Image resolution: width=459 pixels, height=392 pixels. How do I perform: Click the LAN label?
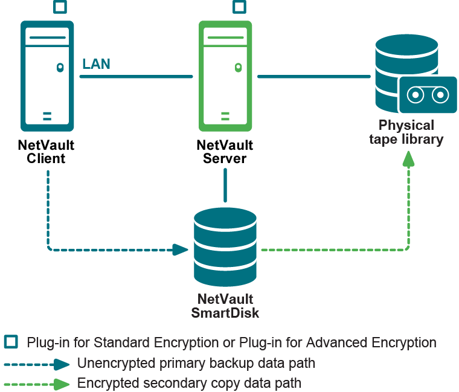pos(96,64)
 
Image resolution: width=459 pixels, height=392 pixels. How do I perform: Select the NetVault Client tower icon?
pos(47,77)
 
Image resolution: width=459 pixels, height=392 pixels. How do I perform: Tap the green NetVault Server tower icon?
pos(225,77)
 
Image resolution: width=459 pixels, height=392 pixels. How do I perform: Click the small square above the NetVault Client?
pos(60,7)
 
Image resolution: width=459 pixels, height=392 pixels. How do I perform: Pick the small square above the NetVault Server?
pos(240,7)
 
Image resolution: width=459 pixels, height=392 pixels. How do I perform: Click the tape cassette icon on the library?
pos(427,95)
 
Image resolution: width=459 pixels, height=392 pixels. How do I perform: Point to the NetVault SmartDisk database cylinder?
pos(225,248)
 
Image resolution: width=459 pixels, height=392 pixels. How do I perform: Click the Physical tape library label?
pos(406,132)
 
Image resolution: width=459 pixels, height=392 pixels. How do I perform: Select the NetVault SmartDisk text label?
pos(225,306)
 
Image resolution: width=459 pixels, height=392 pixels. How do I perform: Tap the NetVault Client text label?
pos(47,152)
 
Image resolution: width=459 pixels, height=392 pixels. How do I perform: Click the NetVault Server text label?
pos(225,152)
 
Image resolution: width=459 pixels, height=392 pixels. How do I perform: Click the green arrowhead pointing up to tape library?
pos(409,159)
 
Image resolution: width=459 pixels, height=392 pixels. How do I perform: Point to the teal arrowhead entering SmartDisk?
pos(180,249)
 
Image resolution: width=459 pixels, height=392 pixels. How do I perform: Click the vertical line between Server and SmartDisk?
pos(225,185)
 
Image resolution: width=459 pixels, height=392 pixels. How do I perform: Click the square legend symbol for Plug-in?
pos(10,342)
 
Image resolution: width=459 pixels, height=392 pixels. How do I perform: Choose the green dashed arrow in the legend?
pos(36,384)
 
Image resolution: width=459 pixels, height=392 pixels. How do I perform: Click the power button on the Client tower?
pos(60,68)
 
